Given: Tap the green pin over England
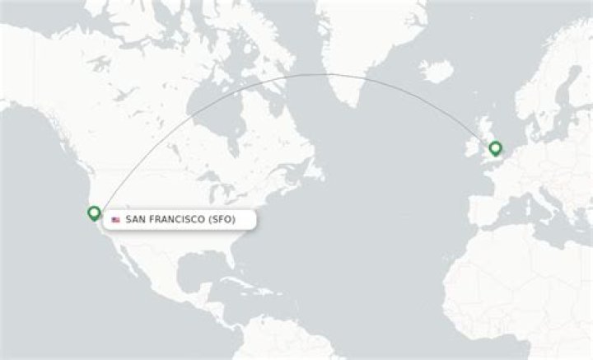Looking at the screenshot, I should [496, 148].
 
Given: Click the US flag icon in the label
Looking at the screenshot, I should [115, 220].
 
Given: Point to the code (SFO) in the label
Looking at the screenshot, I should [229, 220].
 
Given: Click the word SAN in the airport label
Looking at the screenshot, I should [135, 220].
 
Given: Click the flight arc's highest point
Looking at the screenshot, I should [329, 74].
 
